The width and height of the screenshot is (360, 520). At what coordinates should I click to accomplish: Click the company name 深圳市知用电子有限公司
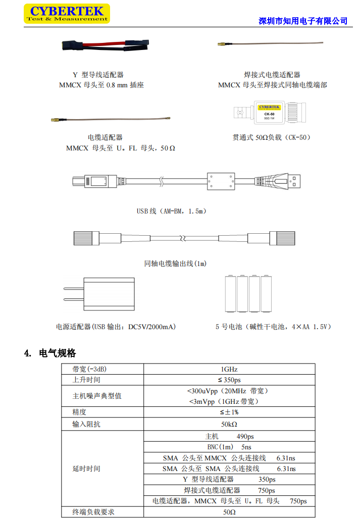[303, 21]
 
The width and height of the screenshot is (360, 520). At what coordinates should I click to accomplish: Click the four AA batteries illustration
[248, 294]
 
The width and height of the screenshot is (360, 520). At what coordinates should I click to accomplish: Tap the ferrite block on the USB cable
[221, 180]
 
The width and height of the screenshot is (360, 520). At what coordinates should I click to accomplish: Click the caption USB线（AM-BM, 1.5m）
[172, 211]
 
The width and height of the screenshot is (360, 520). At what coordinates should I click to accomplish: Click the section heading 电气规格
[57, 353]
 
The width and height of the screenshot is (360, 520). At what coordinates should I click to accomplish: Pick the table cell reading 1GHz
[229, 369]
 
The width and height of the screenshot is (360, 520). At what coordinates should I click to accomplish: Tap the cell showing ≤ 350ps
[229, 380]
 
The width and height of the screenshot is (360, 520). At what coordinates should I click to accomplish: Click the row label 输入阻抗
[86, 424]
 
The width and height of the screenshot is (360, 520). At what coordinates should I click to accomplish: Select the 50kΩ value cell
[229, 424]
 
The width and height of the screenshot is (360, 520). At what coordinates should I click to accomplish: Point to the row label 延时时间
[86, 469]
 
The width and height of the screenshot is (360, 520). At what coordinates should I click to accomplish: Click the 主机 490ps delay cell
[229, 436]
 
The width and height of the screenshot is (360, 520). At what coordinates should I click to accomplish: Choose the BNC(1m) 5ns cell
[229, 447]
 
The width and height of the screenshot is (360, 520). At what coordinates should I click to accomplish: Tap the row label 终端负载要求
[93, 512]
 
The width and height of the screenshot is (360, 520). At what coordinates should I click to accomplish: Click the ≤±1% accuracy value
[229, 412]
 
